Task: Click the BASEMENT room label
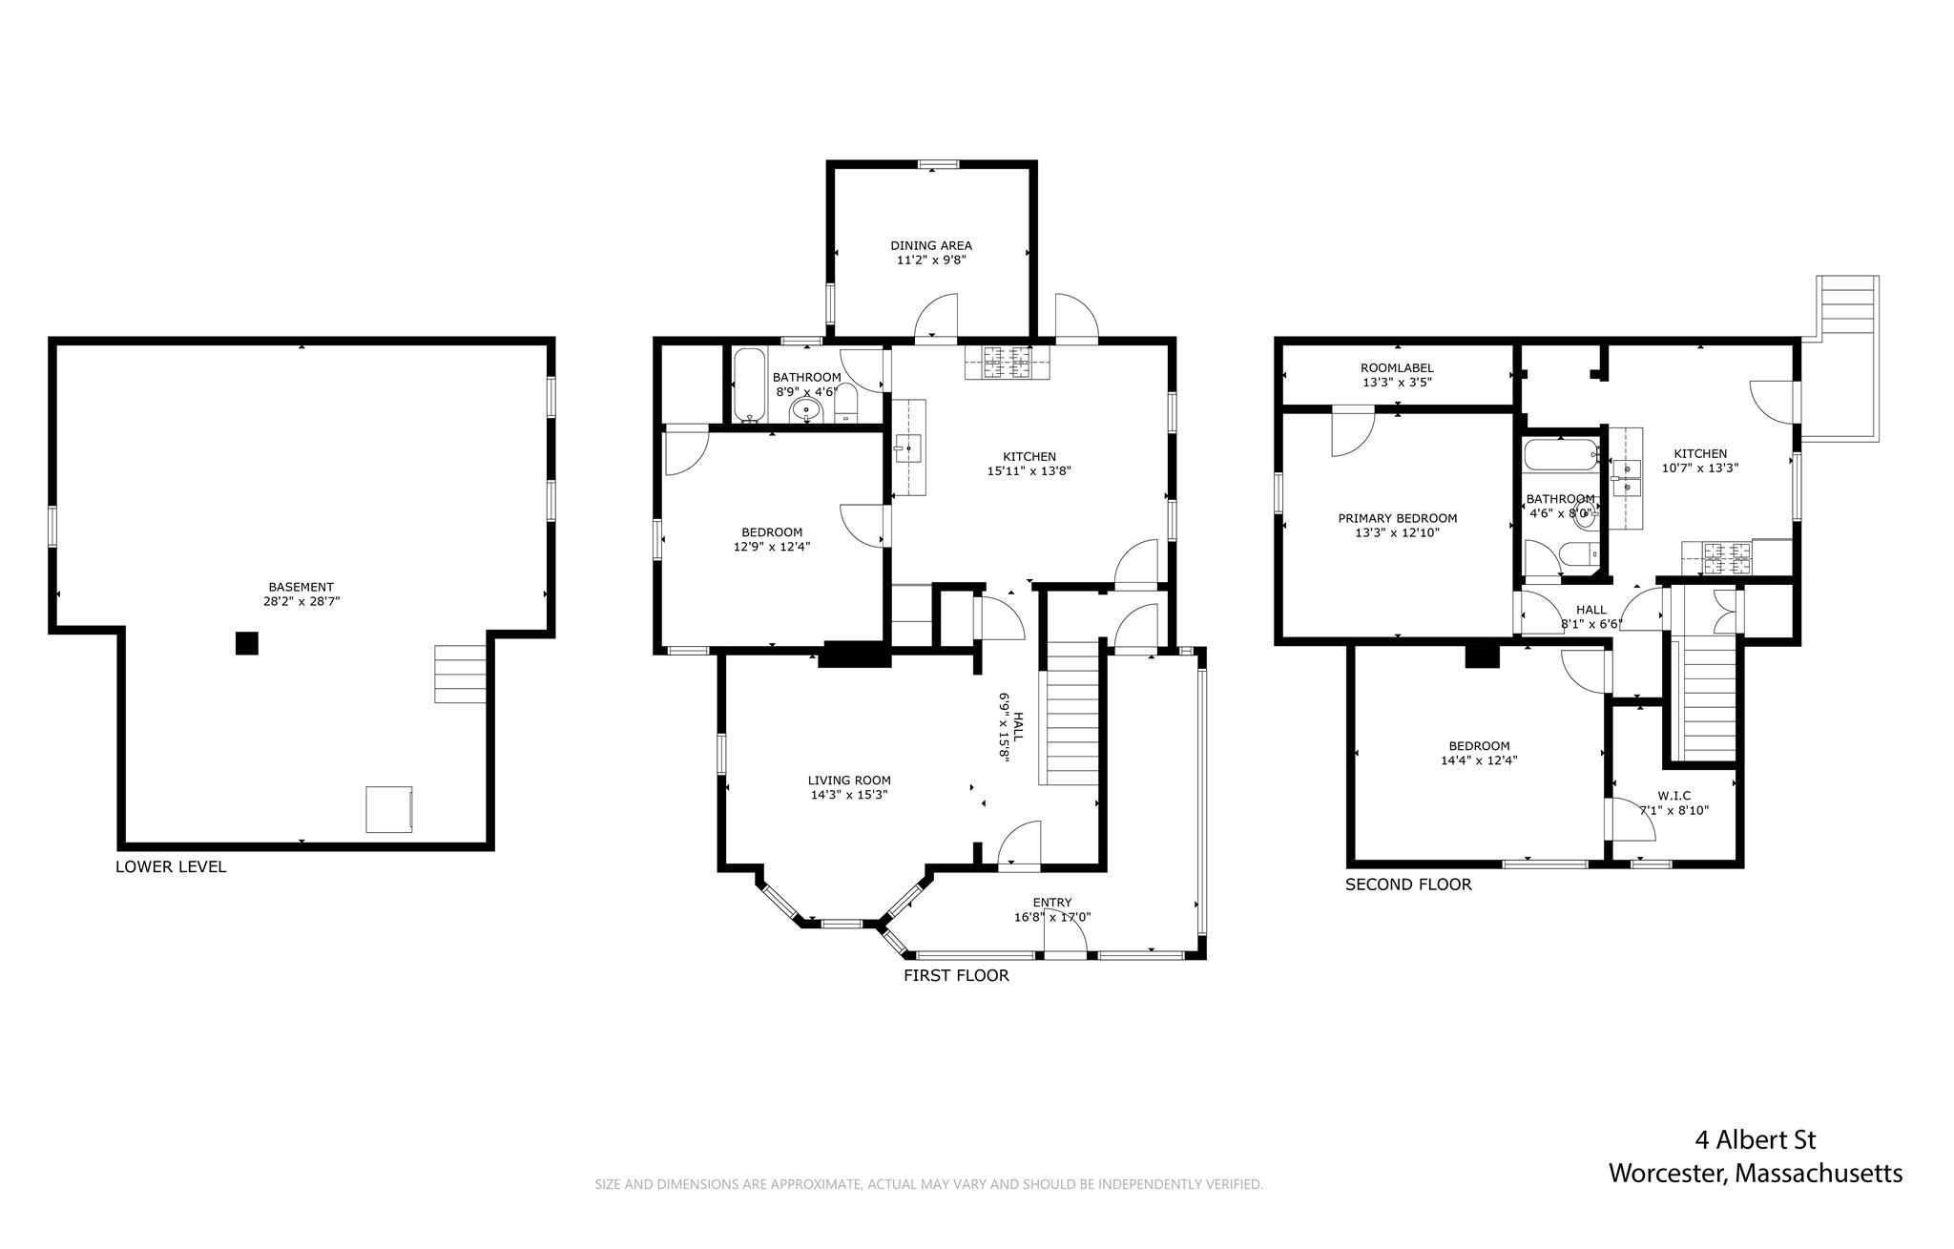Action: pyautogui.click(x=301, y=587)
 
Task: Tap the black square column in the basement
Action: pyautogui.click(x=246, y=644)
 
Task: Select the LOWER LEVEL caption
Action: pyautogui.click(x=171, y=867)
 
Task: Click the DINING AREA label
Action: pyautogui.click(x=930, y=245)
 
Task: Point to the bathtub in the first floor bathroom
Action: pyautogui.click(x=749, y=385)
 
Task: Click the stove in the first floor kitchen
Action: pyautogui.click(x=1007, y=362)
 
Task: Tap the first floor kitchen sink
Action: pyautogui.click(x=906, y=447)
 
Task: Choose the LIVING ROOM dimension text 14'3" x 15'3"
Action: pyautogui.click(x=848, y=795)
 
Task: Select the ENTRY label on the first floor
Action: pyautogui.click(x=1051, y=903)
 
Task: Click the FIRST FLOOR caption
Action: pyautogui.click(x=956, y=975)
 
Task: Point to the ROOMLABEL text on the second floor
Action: pyautogui.click(x=1397, y=368)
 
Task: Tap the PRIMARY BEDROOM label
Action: pyautogui.click(x=1397, y=518)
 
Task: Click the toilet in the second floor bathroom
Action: pyautogui.click(x=1575, y=553)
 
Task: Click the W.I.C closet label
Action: pyautogui.click(x=1673, y=796)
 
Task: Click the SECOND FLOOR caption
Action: pyautogui.click(x=1408, y=885)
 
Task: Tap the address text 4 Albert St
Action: pyautogui.click(x=1755, y=1140)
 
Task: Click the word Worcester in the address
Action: pyautogui.click(x=1666, y=1174)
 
